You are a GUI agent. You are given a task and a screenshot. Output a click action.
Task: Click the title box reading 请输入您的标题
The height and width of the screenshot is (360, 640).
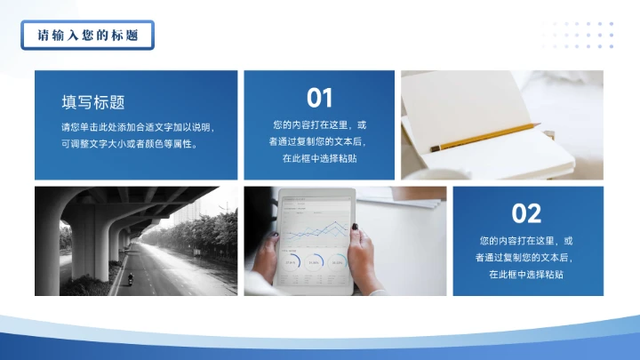87,36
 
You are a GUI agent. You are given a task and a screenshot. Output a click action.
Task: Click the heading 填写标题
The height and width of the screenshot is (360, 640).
93,102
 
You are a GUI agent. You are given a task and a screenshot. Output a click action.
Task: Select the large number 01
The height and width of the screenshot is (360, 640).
319,97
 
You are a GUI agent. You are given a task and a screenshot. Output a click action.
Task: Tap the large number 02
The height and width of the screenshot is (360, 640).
526,213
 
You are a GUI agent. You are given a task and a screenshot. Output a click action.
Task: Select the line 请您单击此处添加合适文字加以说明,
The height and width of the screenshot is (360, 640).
137,127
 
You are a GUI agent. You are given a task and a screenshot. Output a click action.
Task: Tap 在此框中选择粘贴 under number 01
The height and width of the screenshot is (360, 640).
319,158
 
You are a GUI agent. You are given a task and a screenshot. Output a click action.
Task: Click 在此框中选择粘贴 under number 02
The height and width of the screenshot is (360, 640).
526,275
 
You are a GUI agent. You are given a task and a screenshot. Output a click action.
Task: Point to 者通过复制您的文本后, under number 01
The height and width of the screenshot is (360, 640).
319,141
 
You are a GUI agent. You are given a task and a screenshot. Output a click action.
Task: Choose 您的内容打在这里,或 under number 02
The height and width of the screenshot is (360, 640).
526,241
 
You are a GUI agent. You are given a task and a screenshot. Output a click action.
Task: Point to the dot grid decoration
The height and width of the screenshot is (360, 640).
578,35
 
